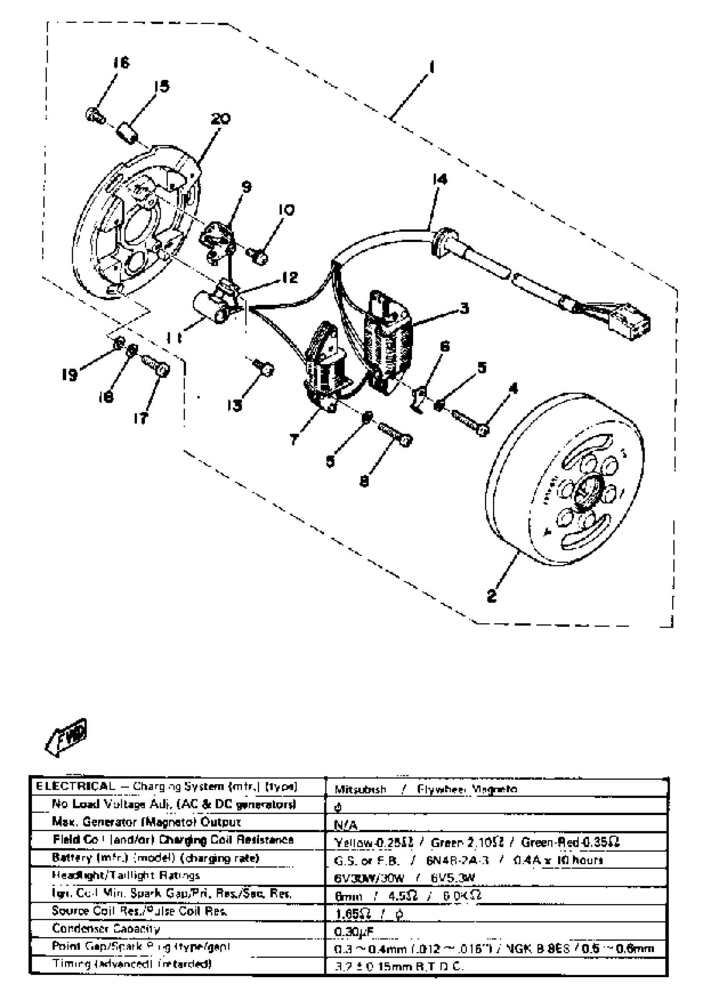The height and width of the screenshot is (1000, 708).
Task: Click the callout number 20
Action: [221, 119]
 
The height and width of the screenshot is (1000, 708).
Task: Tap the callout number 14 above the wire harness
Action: [439, 179]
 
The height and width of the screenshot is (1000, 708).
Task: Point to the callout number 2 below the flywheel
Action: [492, 595]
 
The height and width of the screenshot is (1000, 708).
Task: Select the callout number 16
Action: [122, 63]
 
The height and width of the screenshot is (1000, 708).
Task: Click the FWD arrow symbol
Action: [66, 736]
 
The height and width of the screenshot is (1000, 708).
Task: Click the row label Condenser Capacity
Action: [105, 928]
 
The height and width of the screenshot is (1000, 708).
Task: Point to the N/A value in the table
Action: [345, 825]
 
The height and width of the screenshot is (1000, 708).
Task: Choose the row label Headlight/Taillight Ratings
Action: [125, 875]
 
